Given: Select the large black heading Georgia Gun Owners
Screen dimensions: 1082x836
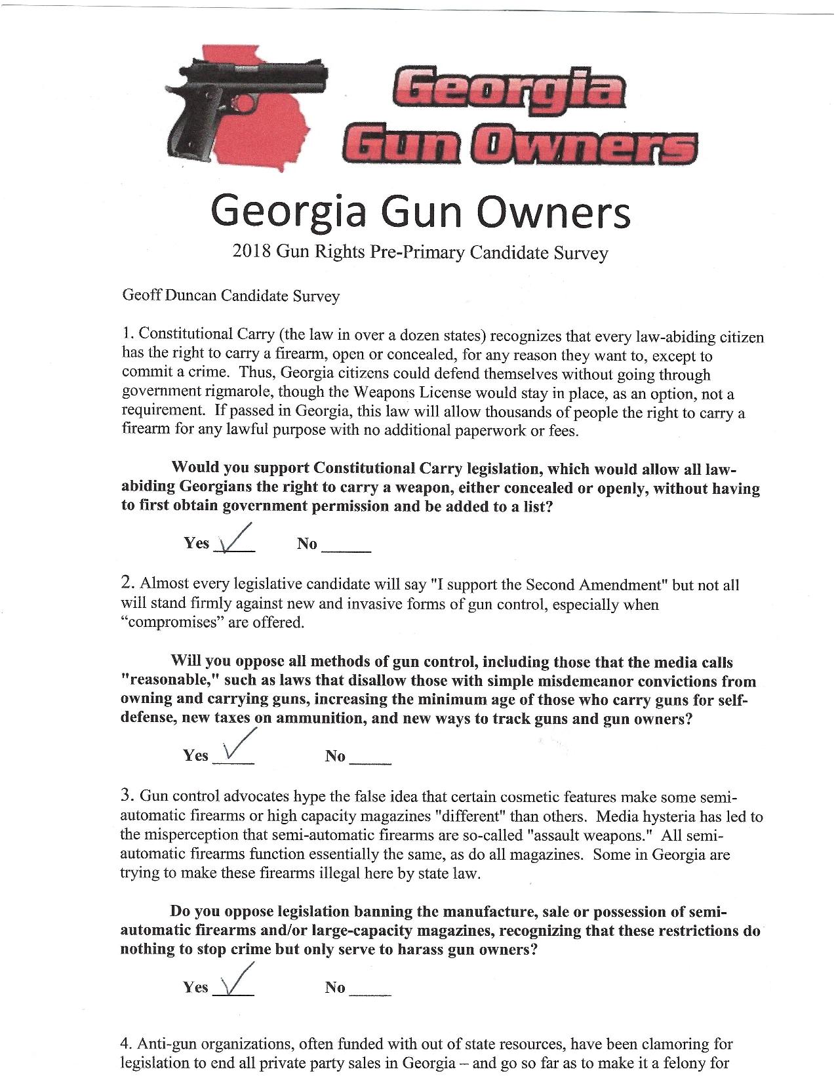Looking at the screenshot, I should (420, 211).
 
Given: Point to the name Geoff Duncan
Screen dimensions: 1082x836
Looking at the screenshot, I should (169, 296).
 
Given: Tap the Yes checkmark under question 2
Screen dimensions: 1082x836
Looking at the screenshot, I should (235, 750).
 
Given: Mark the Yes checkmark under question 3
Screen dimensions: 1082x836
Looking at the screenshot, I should (235, 981).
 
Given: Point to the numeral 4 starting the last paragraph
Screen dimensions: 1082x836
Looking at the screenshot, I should (126, 1044).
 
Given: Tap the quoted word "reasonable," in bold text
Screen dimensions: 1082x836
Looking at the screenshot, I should (165, 681).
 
